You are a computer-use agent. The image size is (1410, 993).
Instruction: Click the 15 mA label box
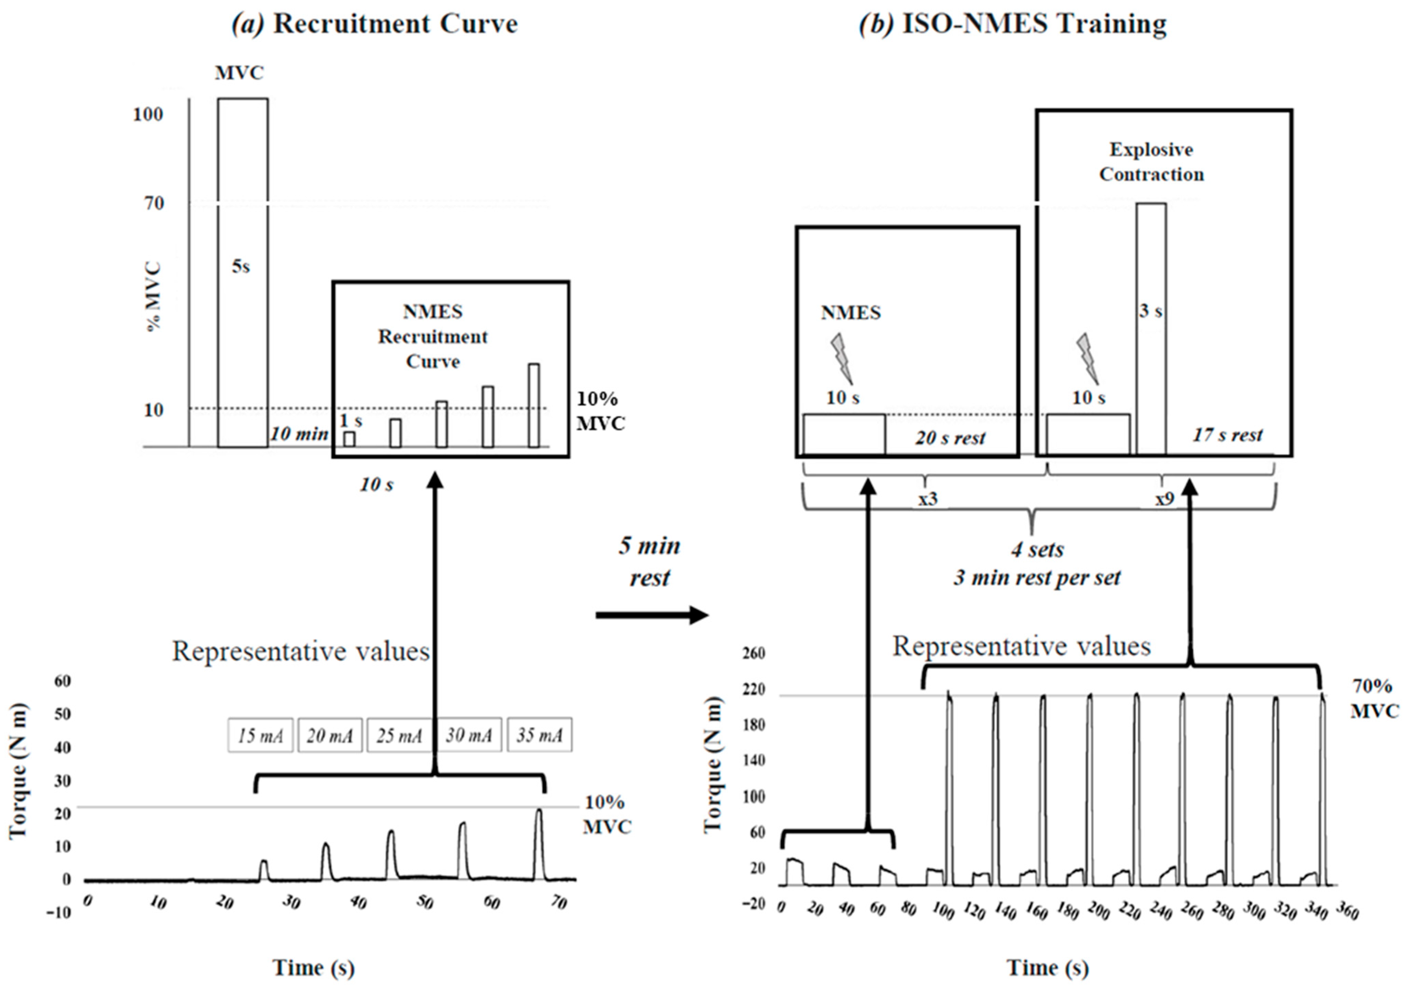260,735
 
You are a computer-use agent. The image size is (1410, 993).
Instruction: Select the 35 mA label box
539,735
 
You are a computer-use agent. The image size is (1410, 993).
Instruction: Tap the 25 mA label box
399,735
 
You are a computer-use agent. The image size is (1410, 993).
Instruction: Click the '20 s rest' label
950,438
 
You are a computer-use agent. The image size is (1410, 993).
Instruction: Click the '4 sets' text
1037,550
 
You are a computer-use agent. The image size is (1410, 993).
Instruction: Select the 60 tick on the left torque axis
63,681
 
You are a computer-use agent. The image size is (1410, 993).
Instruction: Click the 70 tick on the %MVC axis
154,203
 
